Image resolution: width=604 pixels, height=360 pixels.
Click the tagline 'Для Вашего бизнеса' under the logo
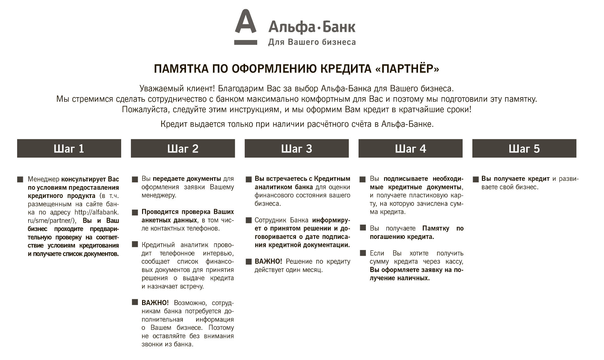point(312,42)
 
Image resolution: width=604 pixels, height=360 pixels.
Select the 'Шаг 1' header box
point(69,148)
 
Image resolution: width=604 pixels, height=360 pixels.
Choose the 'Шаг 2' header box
point(183,148)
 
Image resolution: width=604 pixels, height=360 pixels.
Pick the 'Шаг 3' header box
point(297,148)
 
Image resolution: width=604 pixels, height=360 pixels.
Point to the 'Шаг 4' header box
point(410,148)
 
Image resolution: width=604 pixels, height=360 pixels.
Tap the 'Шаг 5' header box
point(524,148)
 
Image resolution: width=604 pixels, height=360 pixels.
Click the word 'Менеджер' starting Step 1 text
point(44,179)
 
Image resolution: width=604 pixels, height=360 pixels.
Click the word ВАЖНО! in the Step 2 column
point(155,303)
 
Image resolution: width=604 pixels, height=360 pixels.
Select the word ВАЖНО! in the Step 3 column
point(268,262)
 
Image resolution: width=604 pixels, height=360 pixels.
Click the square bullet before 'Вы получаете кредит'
point(476,179)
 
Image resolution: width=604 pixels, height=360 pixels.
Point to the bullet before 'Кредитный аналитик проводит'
point(135,245)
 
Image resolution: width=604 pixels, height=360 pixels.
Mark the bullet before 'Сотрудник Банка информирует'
point(249,220)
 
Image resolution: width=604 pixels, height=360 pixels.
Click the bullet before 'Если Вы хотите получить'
point(363,253)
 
